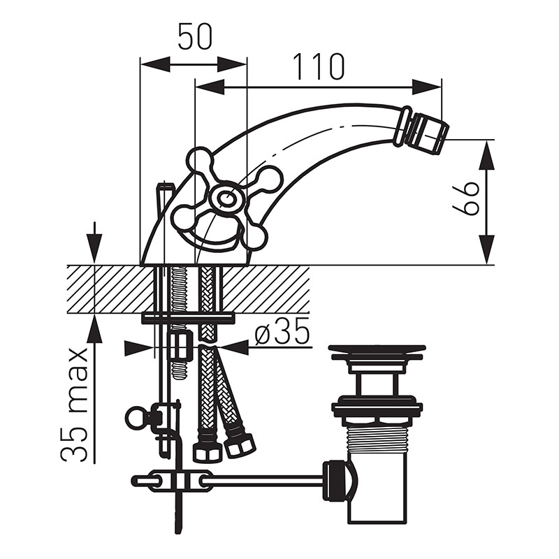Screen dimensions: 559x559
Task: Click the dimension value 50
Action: pos(195,37)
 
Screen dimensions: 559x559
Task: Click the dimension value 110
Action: pos(319,67)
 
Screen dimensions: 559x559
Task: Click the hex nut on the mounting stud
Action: pos(180,347)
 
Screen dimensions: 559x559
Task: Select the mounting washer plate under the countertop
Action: pos(188,318)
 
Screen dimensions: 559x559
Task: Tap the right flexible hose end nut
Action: pos(240,444)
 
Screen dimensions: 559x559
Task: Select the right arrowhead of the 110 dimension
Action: pos(427,87)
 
